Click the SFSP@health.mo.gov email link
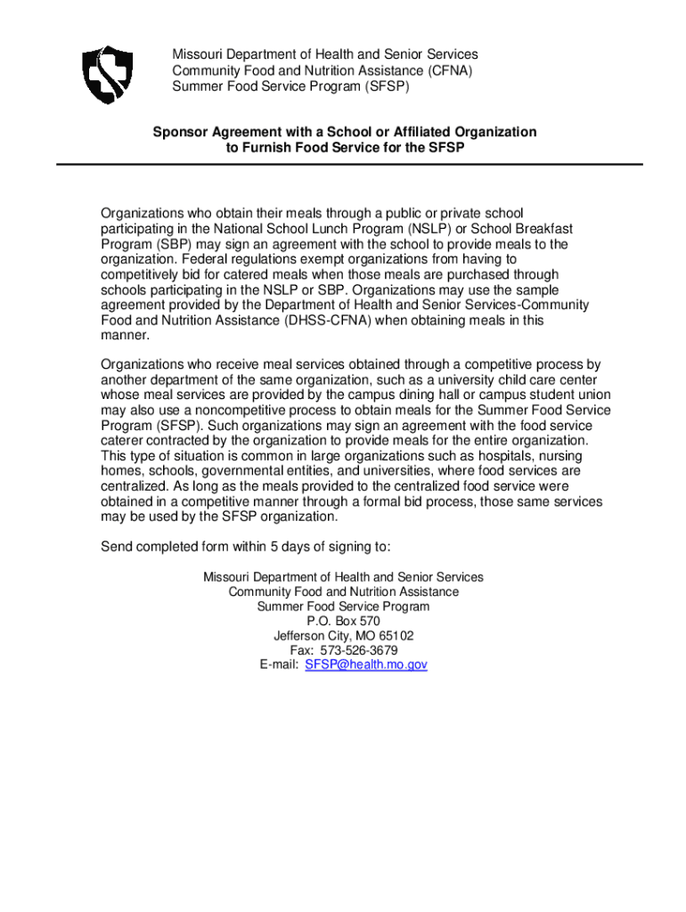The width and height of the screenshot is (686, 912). [366, 665]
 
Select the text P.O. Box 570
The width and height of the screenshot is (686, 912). [343, 622]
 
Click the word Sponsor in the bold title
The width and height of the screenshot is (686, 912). [179, 132]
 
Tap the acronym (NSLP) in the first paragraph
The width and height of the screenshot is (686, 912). [387, 229]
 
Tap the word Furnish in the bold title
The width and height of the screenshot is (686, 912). [264, 148]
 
